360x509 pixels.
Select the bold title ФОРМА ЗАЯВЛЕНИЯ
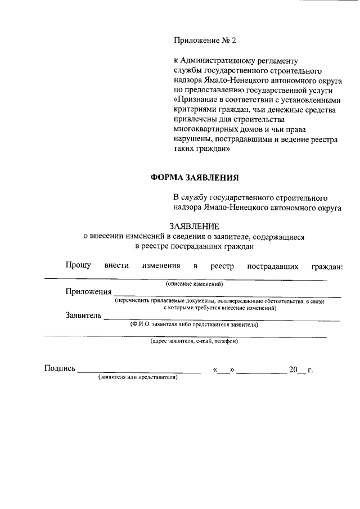pyautogui.click(x=195, y=177)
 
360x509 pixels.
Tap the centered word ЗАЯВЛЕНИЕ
pyautogui.click(x=193, y=227)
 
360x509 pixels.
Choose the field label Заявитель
pyautogui.click(x=83, y=315)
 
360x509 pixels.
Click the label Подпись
pyautogui.click(x=60, y=368)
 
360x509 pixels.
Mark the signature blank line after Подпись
pyautogui.click(x=138, y=371)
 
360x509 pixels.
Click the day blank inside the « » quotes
pyautogui.click(x=223, y=371)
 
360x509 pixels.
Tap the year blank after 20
pyautogui.click(x=301, y=371)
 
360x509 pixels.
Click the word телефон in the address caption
pyautogui.click(x=227, y=341)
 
